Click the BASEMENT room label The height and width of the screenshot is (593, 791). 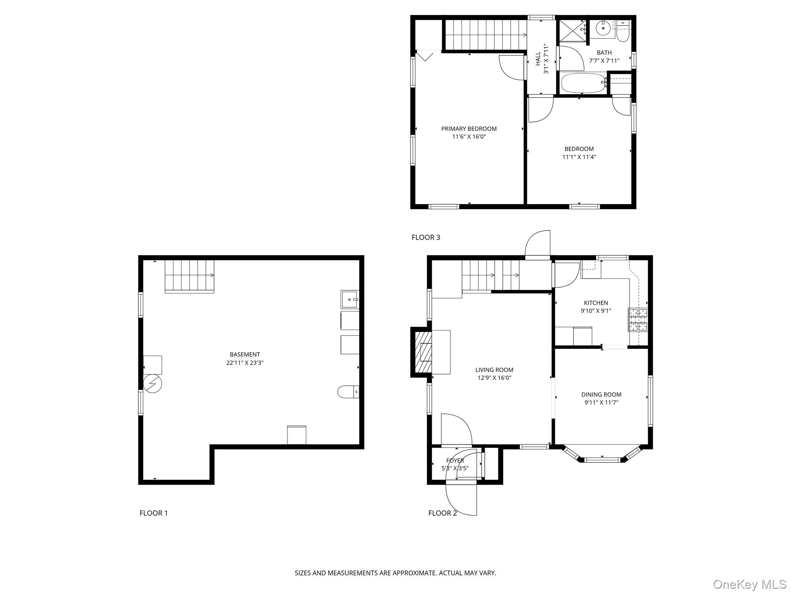pos(244,354)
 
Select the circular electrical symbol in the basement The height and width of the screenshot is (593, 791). pos(153,384)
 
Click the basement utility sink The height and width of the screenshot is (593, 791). pos(350,299)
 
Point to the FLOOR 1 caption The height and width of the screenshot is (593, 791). pos(153,513)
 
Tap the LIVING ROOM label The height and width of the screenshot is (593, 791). pos(494,370)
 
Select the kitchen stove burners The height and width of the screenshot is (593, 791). pos(638,320)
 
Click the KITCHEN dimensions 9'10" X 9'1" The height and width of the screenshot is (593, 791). pos(596,311)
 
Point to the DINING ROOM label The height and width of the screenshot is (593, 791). pos(601,395)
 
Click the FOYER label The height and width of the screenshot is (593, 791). pos(455,461)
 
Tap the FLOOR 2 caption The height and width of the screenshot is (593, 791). pos(442,513)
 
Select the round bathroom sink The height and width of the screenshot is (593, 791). pos(603,28)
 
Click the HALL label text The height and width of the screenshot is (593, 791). pos(538,59)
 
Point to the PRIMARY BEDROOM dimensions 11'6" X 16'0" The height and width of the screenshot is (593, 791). pos(469,137)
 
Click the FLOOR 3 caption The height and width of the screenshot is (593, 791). pos(426,237)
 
